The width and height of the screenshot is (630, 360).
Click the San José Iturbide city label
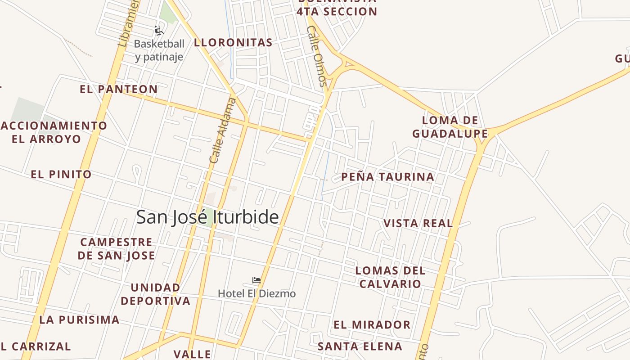tap(207, 217)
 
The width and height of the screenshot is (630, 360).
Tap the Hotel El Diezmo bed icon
tap(256, 281)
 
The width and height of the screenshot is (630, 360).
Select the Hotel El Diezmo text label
tap(257, 294)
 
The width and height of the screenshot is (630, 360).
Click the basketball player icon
tap(158, 31)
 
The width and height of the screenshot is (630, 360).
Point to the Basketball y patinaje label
tap(159, 50)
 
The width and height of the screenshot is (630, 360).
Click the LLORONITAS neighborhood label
tap(233, 43)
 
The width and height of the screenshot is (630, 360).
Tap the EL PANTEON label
tap(119, 89)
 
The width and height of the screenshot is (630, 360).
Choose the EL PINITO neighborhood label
tap(61, 174)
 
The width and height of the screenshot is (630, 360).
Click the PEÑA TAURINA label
tap(388, 177)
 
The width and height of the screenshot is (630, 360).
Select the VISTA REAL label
tap(418, 223)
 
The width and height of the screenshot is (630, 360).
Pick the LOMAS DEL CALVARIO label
tap(390, 277)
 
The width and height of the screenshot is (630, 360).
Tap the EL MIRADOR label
tap(372, 324)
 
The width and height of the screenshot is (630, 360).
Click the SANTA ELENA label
tap(360, 346)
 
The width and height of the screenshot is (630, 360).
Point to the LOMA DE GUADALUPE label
tap(450, 127)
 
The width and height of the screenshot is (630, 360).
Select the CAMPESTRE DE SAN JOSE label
tap(117, 249)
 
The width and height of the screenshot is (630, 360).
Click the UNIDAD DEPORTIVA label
tap(156, 294)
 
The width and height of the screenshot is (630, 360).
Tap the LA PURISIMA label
tap(80, 320)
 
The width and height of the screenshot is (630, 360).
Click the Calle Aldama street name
tap(223, 130)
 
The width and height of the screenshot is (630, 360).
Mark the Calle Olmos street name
tap(316, 56)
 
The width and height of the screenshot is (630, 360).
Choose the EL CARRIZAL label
tap(36, 346)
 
